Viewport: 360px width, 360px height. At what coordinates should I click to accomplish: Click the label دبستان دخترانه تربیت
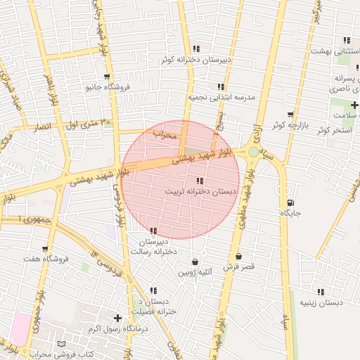(191, 191)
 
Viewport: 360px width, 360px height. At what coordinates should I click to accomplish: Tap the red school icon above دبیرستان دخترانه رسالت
(153, 231)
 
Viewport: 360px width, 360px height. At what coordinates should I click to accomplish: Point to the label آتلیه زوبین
(195, 272)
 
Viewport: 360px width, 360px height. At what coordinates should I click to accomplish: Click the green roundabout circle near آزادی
(252, 151)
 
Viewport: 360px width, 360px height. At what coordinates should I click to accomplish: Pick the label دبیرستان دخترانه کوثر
(196, 60)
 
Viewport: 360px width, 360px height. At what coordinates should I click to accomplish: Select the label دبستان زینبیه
(321, 302)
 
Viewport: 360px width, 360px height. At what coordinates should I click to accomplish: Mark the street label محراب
(164, 134)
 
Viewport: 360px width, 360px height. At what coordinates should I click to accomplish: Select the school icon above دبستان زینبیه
(321, 291)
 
